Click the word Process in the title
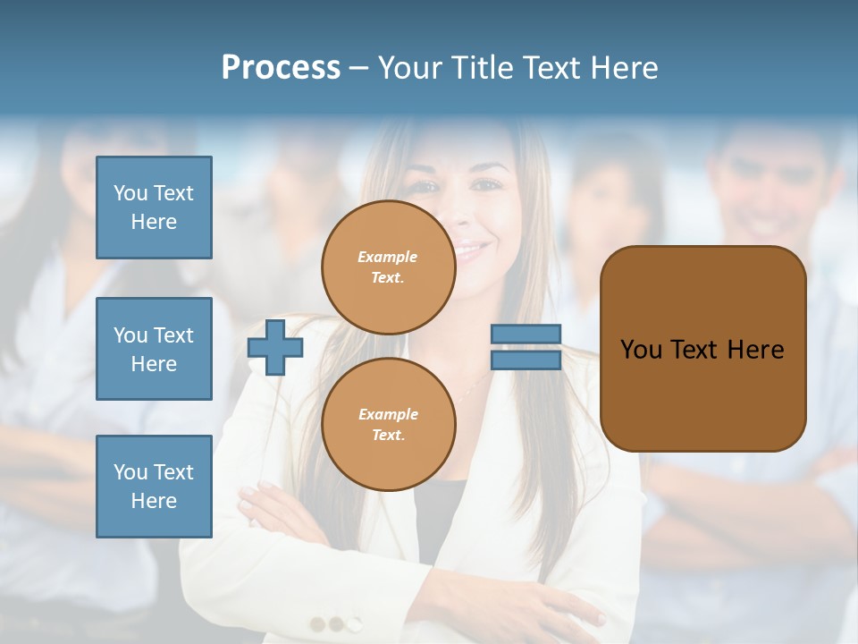[x=281, y=68]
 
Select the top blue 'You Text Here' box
[x=154, y=208]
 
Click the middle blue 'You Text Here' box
[x=154, y=349]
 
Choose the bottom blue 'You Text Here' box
[x=154, y=487]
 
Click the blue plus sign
[x=275, y=348]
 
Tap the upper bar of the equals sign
[x=526, y=334]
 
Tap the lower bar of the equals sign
[x=526, y=360]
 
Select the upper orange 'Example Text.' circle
[x=388, y=267]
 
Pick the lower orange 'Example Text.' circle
[x=388, y=424]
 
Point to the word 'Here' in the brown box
[x=755, y=350]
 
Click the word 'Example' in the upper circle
[x=388, y=258]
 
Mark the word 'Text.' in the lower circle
[x=388, y=436]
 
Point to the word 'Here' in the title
[x=625, y=68]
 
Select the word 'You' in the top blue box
[x=130, y=193]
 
